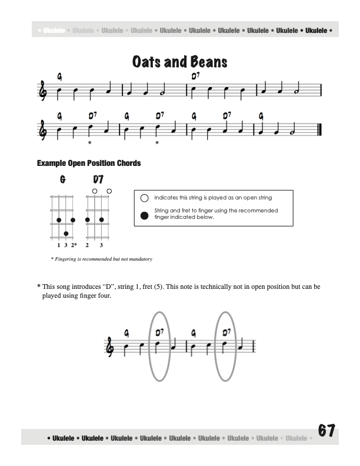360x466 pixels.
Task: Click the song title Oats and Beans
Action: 180,62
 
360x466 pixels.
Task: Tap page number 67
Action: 326,431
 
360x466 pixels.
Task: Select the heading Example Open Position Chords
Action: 89,163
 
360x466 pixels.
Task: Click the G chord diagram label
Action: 62,179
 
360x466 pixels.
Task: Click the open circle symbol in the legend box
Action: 145,198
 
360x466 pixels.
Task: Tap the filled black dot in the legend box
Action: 145,214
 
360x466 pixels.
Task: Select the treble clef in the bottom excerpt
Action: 110,346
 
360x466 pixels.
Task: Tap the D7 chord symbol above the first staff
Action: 195,76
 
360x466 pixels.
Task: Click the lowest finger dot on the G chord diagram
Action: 66,234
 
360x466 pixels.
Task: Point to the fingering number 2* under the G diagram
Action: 74,244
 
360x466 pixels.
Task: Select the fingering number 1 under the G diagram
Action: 58,244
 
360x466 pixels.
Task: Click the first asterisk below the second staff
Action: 89,143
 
